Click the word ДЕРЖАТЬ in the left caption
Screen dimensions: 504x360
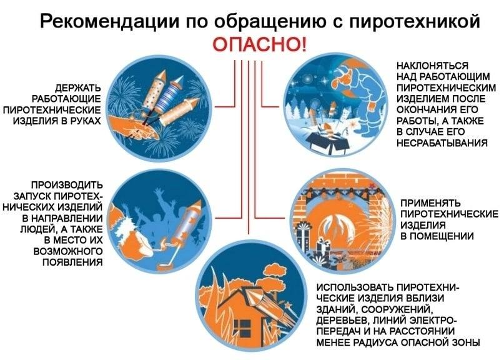(78, 87)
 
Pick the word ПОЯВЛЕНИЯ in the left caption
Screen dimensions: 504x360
(75, 261)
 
